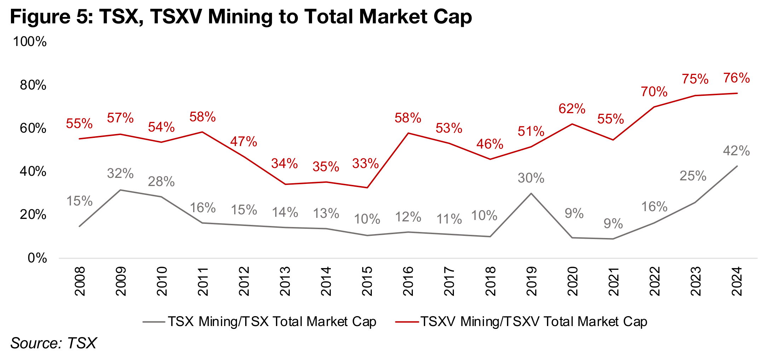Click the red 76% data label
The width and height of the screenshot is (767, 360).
point(737,78)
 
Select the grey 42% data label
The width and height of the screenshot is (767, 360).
point(736,151)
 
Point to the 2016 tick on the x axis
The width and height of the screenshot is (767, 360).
point(408,281)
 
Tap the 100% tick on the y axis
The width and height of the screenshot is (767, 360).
point(30,42)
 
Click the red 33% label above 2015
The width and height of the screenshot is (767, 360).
point(365,163)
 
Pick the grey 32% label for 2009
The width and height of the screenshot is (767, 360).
point(120,173)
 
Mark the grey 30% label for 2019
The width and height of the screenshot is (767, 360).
point(531,178)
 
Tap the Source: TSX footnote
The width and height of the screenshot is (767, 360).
point(53,343)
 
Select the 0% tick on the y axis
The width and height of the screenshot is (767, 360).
point(37,258)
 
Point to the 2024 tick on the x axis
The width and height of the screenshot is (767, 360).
point(737,281)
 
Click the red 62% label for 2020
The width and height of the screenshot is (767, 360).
point(572,109)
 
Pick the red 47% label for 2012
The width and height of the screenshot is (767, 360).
point(243,141)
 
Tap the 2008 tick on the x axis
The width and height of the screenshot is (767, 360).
point(80,281)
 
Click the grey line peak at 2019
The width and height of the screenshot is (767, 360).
point(531,193)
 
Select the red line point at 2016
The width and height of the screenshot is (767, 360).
point(408,133)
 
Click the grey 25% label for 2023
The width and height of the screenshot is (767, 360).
point(693,176)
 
